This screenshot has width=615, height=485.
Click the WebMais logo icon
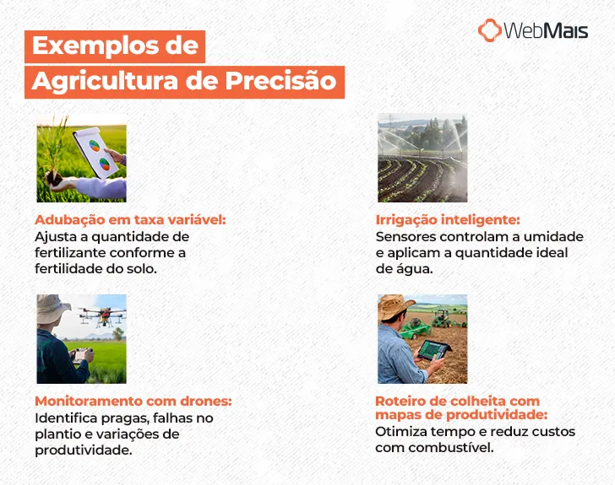tap(489, 30)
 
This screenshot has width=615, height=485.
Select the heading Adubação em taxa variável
tap(131, 219)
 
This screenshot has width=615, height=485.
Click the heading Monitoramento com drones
tap(133, 401)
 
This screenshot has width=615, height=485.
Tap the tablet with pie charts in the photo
tap(96, 152)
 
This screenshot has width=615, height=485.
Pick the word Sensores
tap(407, 237)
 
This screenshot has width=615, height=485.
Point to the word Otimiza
tap(400, 432)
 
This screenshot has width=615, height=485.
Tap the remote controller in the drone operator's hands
tap(80, 354)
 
